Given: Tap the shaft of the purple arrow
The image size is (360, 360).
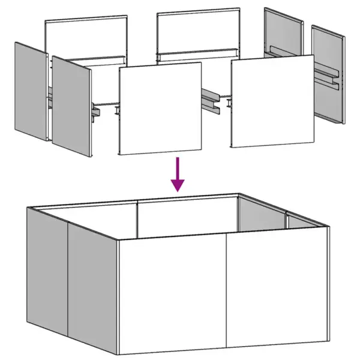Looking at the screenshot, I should [x=178, y=168].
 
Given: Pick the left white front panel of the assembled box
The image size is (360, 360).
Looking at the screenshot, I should [x=172, y=292].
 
